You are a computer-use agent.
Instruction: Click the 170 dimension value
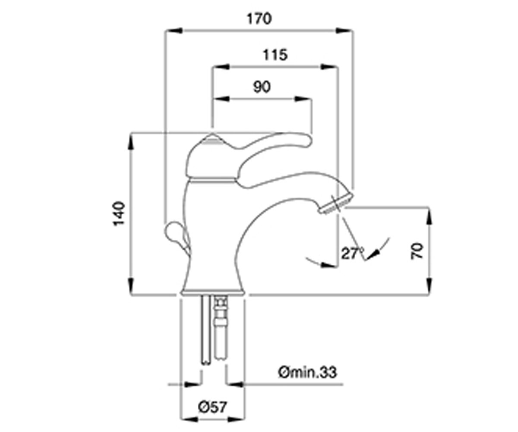259,19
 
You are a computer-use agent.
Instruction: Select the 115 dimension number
275,55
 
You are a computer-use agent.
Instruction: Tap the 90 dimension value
262,87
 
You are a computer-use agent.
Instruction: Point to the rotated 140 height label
119,213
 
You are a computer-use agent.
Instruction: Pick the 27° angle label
352,254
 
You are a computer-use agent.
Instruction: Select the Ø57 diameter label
213,407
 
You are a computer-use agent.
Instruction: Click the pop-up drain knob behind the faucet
177,235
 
